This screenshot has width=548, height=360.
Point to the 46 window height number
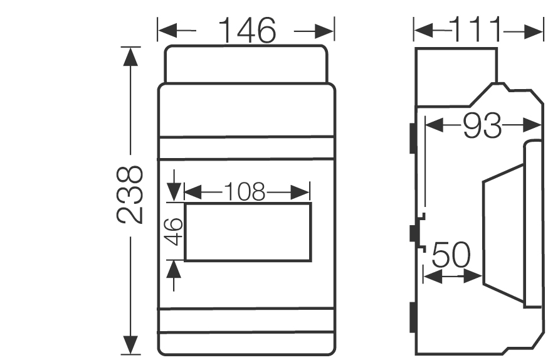[x=175, y=231]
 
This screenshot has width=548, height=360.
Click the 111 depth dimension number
[x=477, y=30]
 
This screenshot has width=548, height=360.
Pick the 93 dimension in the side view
[x=482, y=127]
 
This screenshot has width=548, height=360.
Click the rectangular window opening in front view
[x=248, y=231]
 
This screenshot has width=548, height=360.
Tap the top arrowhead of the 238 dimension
[x=130, y=56]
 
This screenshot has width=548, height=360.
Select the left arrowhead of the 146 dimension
[x=166, y=30]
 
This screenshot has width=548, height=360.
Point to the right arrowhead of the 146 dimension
[x=326, y=30]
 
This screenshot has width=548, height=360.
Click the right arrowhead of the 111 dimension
[x=535, y=30]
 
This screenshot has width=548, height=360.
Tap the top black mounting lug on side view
[x=412, y=137]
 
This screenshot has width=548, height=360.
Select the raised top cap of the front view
[x=246, y=63]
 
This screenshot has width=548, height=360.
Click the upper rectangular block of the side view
[x=456, y=74]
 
